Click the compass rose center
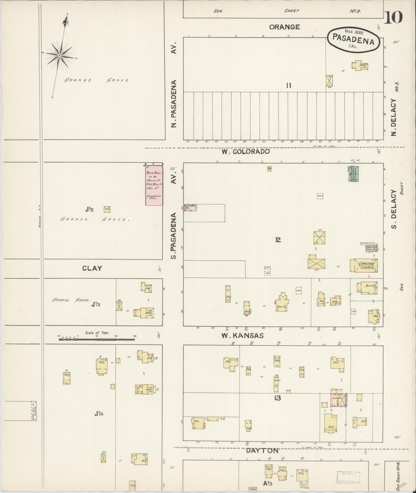[59, 55]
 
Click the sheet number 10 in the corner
[393, 18]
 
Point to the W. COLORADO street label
[246, 151]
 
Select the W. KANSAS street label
[242, 335]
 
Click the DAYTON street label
[262, 450]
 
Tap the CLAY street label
[92, 268]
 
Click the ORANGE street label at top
[284, 27]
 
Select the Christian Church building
[364, 265]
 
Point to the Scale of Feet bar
[97, 339]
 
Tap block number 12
[278, 240]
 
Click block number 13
[278, 398]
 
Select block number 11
[289, 85]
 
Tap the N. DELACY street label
[394, 117]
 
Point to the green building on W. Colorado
[353, 174]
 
